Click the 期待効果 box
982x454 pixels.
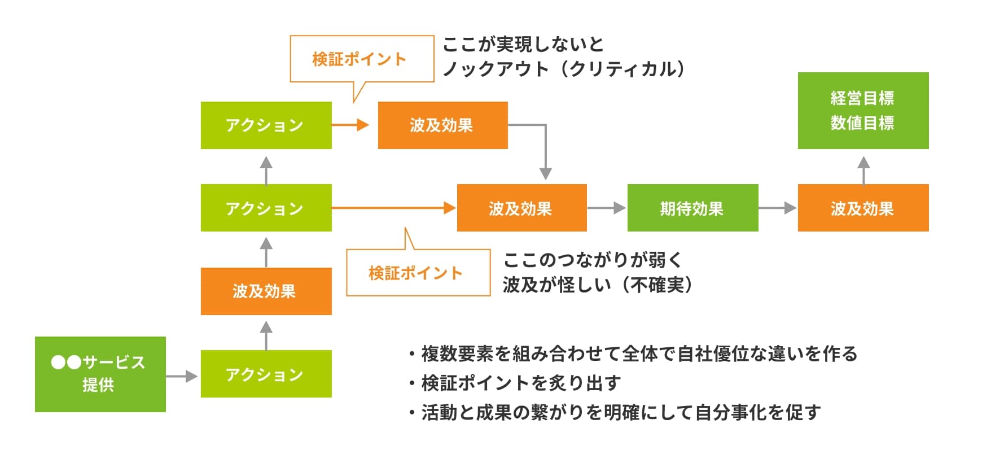[692, 208]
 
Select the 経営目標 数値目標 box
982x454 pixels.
[863, 111]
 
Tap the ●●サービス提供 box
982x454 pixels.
[100, 374]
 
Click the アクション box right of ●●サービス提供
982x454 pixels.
[266, 374]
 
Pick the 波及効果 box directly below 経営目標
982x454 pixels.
[863, 208]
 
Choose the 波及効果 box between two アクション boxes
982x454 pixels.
[266, 291]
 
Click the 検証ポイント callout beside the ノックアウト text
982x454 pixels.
[362, 59]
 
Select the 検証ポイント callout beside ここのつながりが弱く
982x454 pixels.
[418, 273]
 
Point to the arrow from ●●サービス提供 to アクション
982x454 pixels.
[182, 376]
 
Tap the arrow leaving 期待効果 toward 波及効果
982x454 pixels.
[777, 208]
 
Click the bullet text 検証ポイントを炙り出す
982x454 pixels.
[520, 383]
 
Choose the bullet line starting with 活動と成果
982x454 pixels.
[620, 413]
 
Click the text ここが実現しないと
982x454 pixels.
[523, 44]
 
